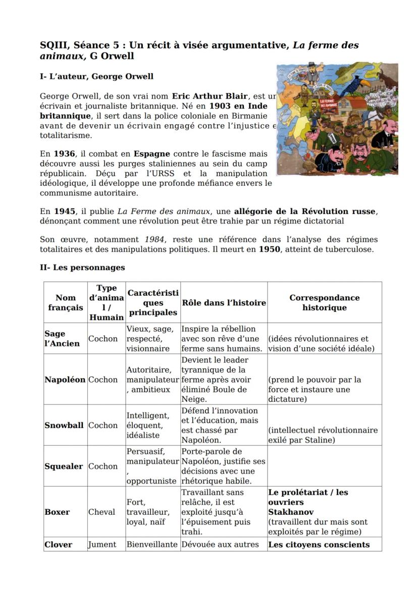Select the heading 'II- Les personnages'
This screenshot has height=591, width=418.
tap(82, 267)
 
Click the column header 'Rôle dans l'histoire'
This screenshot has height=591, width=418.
tap(223, 303)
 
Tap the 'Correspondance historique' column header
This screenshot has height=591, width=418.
tap(324, 303)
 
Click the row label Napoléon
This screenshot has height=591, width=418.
tap(65, 380)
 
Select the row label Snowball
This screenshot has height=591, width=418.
tap(64, 425)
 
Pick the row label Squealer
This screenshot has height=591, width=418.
tap(64, 466)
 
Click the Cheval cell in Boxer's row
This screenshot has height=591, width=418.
tap(102, 512)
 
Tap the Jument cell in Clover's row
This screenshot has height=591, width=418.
tap(102, 545)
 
